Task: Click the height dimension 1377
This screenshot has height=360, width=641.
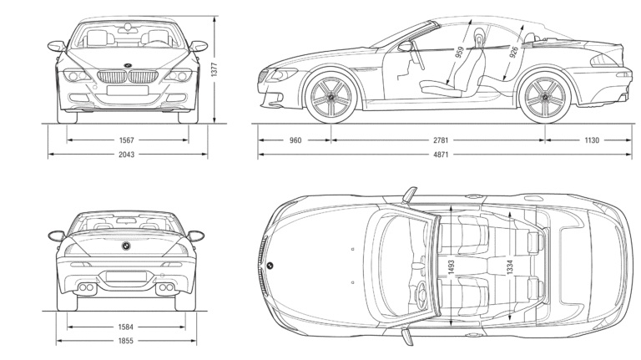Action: point(215,71)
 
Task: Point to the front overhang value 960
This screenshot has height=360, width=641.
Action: point(295,140)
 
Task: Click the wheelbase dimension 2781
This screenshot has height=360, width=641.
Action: point(438,140)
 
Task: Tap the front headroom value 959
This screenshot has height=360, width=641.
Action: point(460,52)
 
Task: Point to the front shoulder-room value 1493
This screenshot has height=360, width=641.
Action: point(451,267)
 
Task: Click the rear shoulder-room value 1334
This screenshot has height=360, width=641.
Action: point(508,267)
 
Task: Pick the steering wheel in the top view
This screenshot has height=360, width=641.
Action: point(421,294)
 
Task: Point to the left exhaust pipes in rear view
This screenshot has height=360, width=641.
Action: point(86,289)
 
